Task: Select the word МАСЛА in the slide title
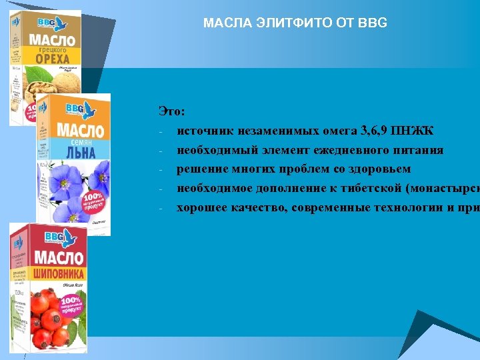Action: coord(221,23)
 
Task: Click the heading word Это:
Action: coord(172,111)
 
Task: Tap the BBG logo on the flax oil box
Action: coord(76,108)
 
